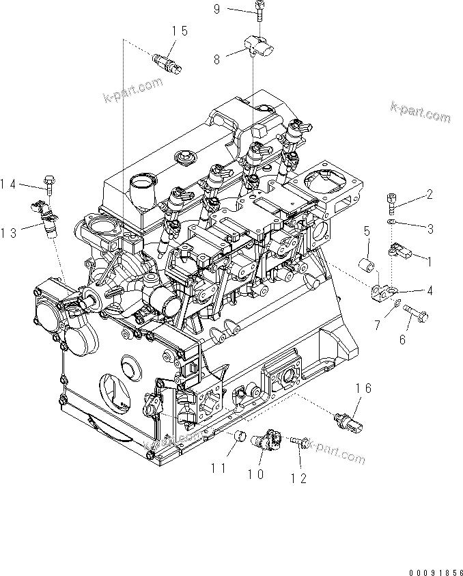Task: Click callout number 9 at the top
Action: pos(235,9)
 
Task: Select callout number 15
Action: pos(179,31)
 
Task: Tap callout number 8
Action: pos(217,59)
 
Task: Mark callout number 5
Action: pos(366,231)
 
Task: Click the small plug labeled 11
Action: pos(240,436)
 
